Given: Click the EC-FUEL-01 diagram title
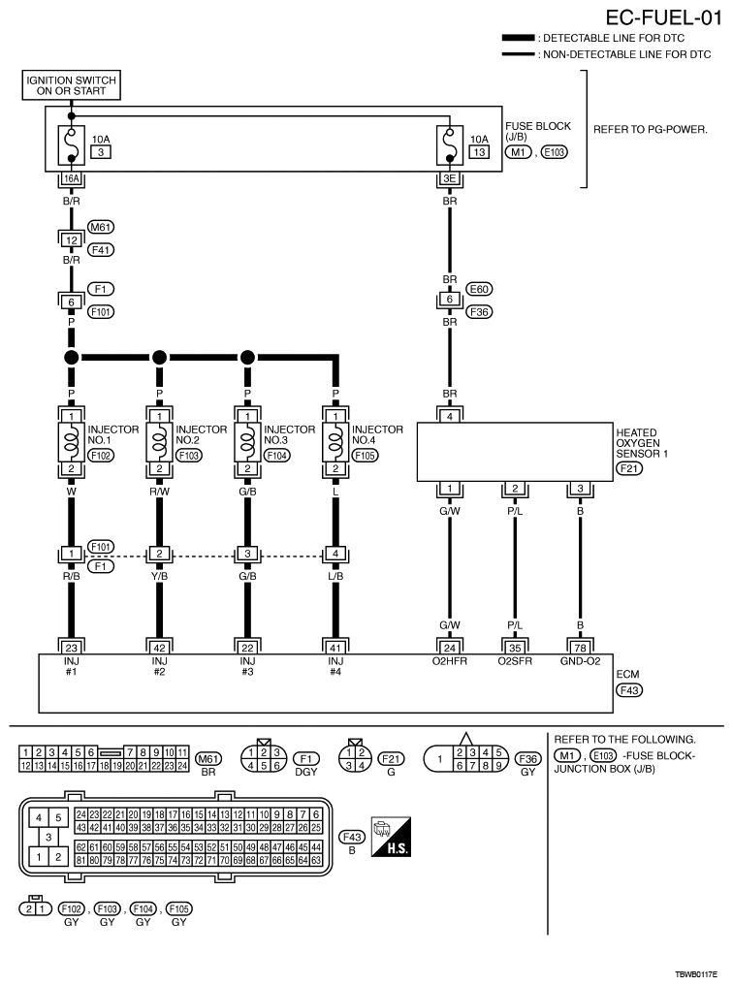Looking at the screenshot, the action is coord(663,17).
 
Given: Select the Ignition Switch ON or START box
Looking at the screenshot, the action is coord(71,85).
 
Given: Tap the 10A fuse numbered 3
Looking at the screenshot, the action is coord(71,145).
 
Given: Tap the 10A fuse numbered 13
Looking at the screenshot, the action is coord(450,145).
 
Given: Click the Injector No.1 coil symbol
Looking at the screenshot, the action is coord(71,442).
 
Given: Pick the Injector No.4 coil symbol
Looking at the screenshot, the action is coord(335,442).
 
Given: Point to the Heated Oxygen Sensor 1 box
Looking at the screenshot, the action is coord(515,452).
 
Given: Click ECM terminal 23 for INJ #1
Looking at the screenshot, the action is coord(71,648).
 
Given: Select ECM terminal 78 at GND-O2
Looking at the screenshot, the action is coord(580,648).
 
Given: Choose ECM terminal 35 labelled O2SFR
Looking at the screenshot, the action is coord(515,648).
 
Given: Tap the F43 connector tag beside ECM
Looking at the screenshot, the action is coord(629,690).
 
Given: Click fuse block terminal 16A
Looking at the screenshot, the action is coord(72,178).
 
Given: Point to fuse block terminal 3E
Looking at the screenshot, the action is coord(450,178).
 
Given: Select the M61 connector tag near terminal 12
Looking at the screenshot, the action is coord(101,227).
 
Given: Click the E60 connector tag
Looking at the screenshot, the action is coord(479,289).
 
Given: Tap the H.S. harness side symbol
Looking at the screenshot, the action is coord(391,837).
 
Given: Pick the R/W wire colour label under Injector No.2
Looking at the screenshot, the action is coord(160,492).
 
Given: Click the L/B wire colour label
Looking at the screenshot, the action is coord(335,576).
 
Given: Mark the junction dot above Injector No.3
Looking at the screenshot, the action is coord(247,357).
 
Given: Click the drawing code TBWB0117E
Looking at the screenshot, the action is coord(696,974).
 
